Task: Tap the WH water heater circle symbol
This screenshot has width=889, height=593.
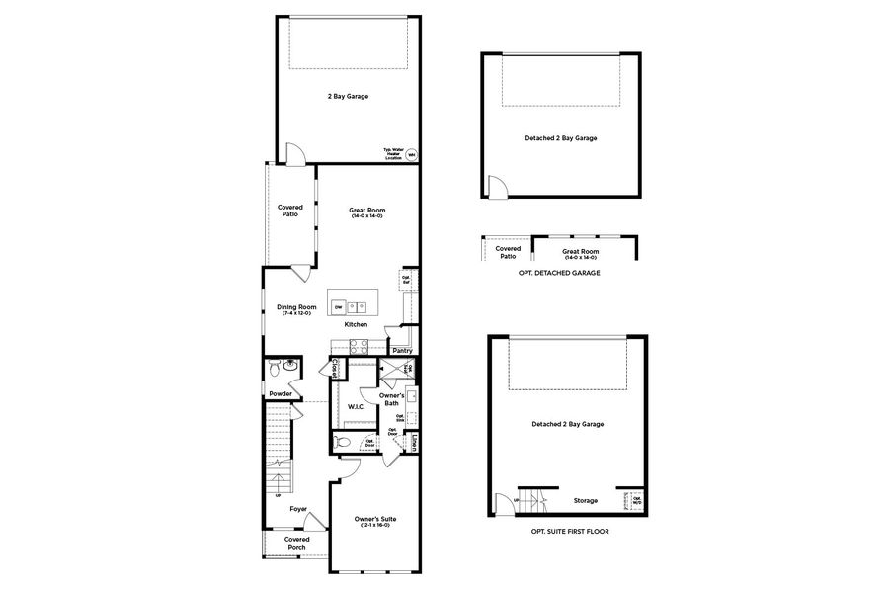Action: click(x=411, y=154)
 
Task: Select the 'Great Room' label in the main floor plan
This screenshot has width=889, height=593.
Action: click(x=366, y=211)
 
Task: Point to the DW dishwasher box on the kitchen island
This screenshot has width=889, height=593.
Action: click(x=338, y=307)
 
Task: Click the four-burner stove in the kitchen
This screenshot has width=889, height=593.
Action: click(x=357, y=345)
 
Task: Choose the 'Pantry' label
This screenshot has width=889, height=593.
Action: click(x=402, y=350)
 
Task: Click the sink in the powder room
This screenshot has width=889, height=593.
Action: click(x=291, y=367)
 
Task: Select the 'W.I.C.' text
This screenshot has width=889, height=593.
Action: click(x=357, y=406)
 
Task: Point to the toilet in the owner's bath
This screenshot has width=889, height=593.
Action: click(x=343, y=442)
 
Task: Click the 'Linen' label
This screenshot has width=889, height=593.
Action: click(x=414, y=442)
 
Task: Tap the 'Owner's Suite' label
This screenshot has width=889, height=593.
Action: click(x=375, y=520)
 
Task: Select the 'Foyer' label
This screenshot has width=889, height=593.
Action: click(x=298, y=510)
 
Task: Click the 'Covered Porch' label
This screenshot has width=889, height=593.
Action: click(x=297, y=543)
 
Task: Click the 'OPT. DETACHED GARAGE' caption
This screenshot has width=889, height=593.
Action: click(x=559, y=272)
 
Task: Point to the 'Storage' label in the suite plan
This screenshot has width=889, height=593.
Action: click(x=585, y=500)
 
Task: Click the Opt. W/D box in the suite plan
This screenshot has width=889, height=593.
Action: click(x=636, y=500)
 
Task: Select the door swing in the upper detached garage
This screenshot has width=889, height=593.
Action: click(x=497, y=188)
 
